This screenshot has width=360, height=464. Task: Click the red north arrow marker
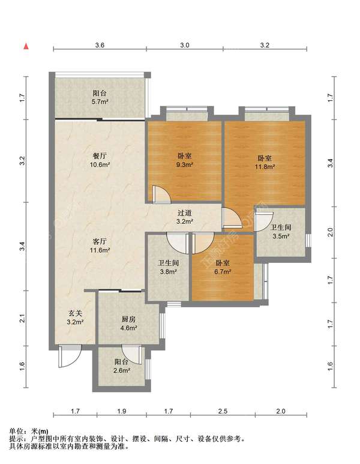26,46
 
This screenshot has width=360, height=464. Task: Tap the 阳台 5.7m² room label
100,97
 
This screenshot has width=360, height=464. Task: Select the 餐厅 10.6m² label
100,160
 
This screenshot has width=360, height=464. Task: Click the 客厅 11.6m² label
100,246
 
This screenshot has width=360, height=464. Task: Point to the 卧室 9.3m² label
185,160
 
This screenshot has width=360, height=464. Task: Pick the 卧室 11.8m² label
265,162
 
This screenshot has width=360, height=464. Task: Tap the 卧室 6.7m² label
223,267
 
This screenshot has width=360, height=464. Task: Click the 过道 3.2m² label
185,217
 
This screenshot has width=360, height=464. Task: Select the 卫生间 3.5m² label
281,232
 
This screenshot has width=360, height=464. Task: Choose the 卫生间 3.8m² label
169,267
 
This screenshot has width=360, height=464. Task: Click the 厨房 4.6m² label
128,324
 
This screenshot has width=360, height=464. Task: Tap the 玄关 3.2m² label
75,318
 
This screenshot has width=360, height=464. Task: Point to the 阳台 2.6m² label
122,366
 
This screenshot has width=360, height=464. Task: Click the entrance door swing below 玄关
70,356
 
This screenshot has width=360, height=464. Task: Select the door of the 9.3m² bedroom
162,194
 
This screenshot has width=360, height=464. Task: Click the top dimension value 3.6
100,45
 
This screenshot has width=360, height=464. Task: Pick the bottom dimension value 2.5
223,411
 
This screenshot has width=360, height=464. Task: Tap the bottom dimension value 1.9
122,411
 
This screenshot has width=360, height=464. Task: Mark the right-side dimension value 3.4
330,163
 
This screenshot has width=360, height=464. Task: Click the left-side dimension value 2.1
22,318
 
